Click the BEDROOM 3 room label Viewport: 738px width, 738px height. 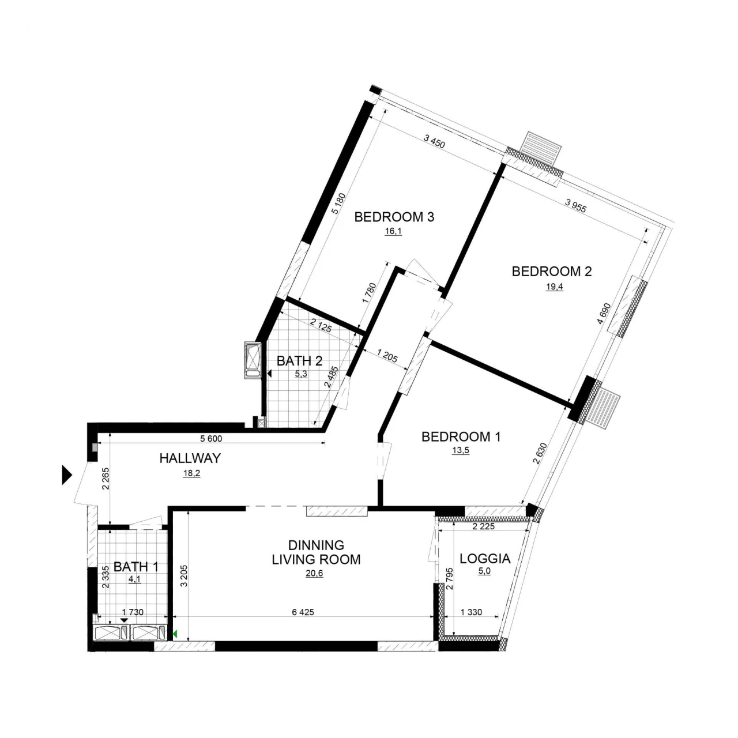pos(394,217)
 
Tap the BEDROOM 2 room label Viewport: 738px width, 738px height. pos(552,272)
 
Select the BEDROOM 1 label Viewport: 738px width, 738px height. pos(461,436)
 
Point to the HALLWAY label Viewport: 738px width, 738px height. pos(190,458)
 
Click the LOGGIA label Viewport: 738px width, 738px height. pos(485,559)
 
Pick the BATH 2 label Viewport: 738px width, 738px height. pos(299,361)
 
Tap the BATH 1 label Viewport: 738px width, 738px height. pos(136,566)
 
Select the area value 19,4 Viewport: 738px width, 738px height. pos(554,287)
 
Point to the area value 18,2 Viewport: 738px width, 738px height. pos(191,473)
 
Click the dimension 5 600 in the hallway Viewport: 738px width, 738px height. pos(211,439)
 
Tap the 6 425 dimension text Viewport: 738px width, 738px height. pos(303,612)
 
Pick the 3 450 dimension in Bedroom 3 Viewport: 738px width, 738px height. pos(434,141)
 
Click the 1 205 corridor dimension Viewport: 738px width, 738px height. pos(387,355)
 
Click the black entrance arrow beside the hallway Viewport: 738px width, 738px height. pos(67,475)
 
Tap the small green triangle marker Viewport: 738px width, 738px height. pos(175,634)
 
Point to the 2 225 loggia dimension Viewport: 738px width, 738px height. pos(483,526)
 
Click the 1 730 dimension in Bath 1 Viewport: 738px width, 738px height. pos(133,612)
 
